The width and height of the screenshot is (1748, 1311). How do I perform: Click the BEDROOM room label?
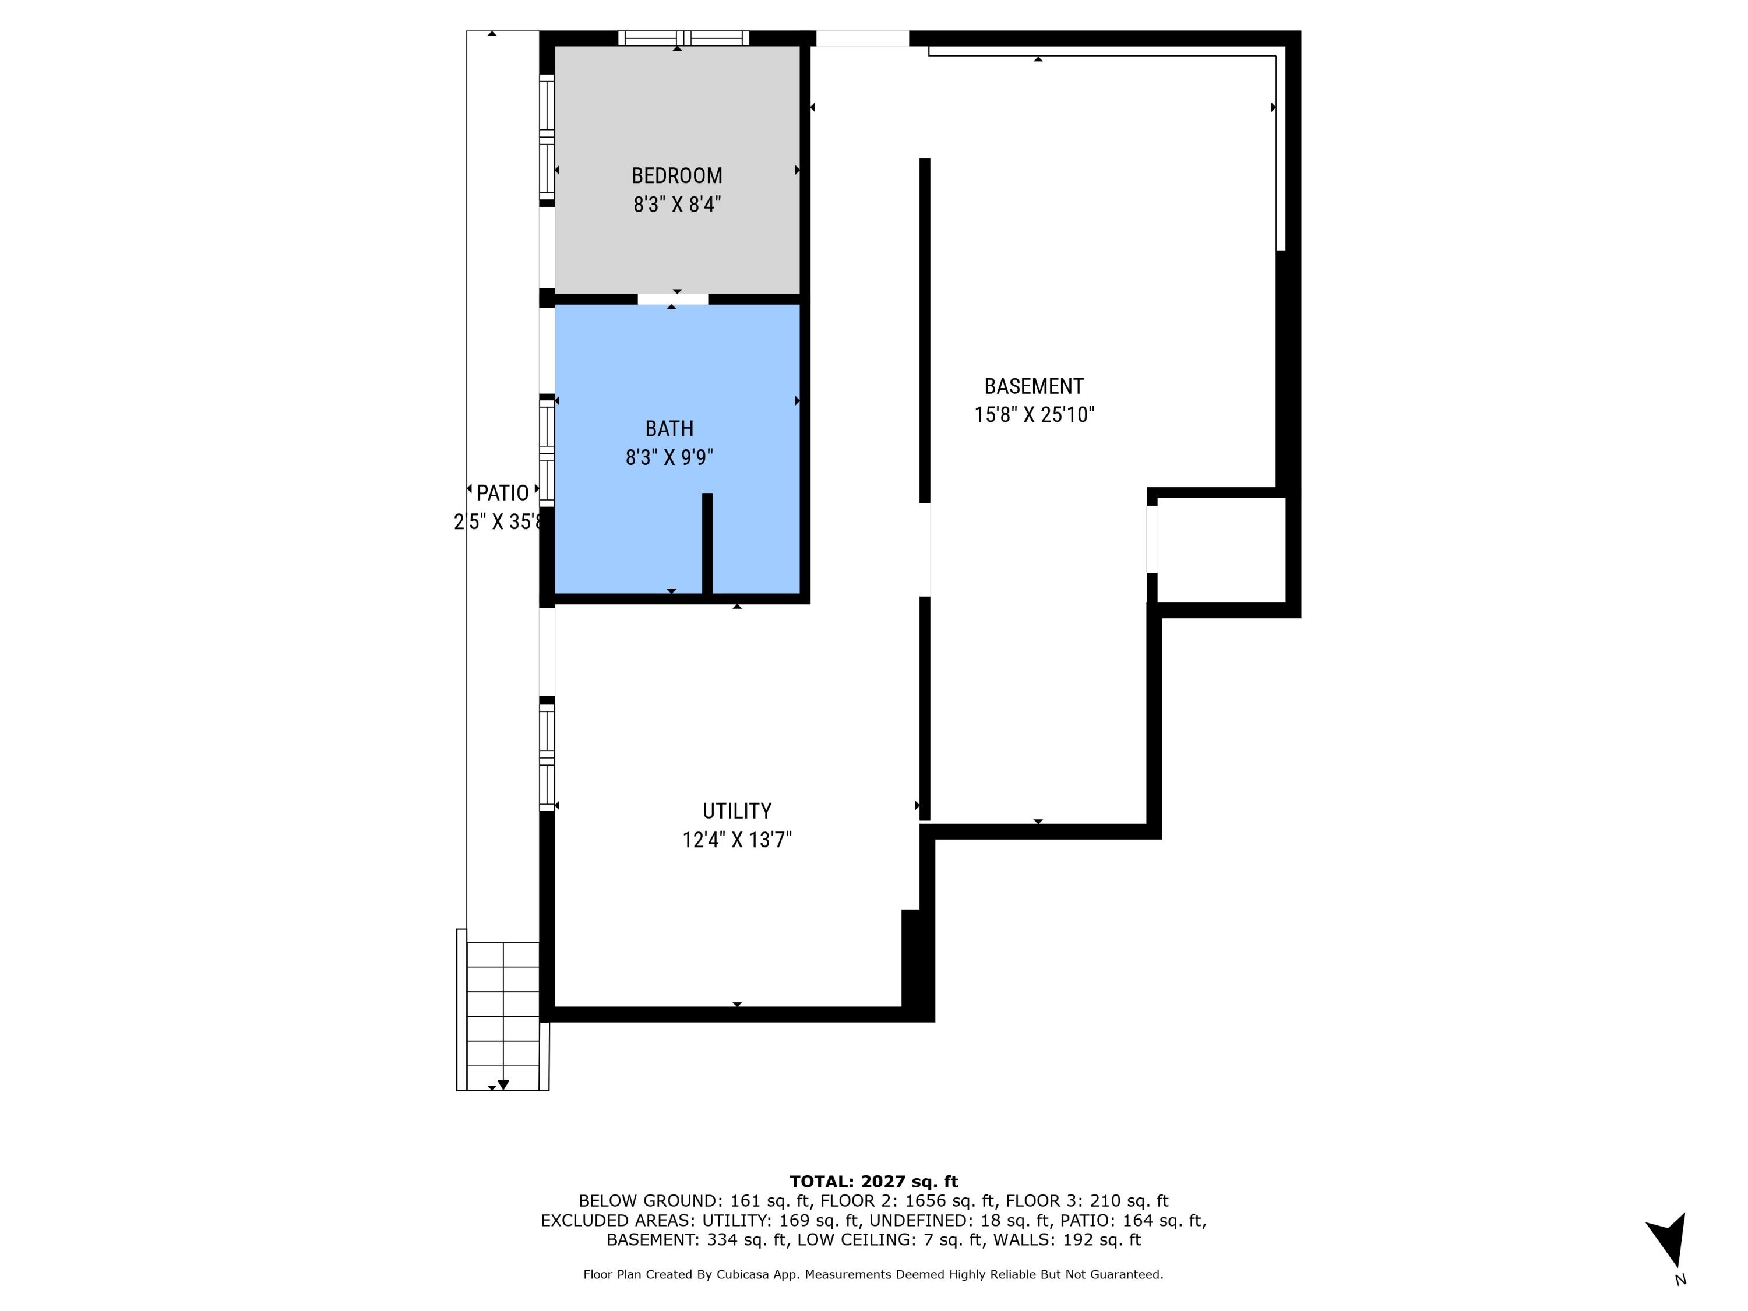point(676,175)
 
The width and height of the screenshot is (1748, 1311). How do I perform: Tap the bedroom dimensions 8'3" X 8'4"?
point(676,205)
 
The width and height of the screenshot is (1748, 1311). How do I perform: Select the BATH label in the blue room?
point(669,428)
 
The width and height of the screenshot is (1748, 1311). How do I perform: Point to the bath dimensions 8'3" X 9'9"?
point(669,457)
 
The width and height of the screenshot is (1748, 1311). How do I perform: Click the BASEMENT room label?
point(1034,386)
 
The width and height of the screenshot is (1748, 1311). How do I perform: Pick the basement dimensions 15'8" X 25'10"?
point(1034,415)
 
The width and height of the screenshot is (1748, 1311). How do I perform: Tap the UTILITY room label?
point(736,811)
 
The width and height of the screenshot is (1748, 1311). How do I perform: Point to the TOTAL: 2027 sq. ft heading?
point(873,1182)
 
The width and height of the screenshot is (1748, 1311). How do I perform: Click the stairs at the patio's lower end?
point(503,1016)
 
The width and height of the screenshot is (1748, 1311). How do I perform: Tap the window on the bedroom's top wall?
point(683,38)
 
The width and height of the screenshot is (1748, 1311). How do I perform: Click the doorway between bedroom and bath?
point(672,299)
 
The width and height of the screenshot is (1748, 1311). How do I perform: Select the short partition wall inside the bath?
point(707,544)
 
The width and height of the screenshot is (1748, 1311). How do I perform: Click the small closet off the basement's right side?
point(1221,550)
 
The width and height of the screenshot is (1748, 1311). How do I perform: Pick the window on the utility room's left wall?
point(547,757)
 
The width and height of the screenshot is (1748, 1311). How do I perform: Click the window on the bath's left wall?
point(547,452)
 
